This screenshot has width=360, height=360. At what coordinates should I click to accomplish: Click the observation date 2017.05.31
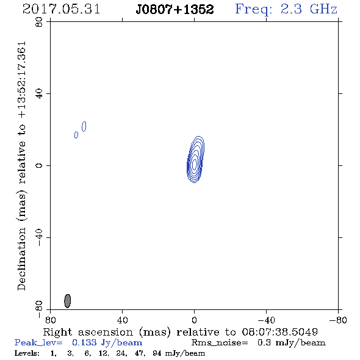pyautogui.click(x=61, y=9)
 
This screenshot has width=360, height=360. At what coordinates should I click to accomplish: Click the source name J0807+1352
pyautogui.click(x=175, y=9)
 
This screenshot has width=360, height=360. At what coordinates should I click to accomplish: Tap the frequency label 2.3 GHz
pyautogui.click(x=309, y=9)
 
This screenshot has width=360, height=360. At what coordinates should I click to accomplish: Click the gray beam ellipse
pyautogui.click(x=67, y=301)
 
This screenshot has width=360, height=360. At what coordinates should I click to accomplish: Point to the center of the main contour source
pyautogui.click(x=195, y=164)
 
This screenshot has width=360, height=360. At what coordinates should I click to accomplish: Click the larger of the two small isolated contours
pyautogui.click(x=84, y=126)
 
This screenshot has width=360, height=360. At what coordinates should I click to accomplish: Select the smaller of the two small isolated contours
pyautogui.click(x=76, y=135)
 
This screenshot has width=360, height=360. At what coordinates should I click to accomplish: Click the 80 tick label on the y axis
pyautogui.click(x=39, y=22)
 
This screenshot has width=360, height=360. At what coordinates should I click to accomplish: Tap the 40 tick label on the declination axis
pyautogui.click(x=39, y=94)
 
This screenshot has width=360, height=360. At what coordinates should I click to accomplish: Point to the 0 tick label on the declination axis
pyautogui.click(x=39, y=165)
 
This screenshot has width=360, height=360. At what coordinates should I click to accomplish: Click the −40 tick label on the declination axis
pyautogui.click(x=39, y=237)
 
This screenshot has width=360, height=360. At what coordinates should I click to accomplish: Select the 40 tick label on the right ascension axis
pyautogui.click(x=122, y=320)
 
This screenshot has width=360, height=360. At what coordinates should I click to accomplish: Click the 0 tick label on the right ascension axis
pyautogui.click(x=194, y=320)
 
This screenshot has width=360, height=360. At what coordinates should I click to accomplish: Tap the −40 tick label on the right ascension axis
pyautogui.click(x=266, y=320)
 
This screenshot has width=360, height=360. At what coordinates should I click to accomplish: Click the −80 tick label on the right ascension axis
pyautogui.click(x=338, y=320)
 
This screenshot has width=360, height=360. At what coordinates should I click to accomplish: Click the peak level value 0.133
pyautogui.click(x=84, y=342)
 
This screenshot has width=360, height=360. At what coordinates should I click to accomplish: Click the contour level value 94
pyautogui.click(x=157, y=353)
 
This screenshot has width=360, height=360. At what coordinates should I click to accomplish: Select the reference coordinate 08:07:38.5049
pyautogui.click(x=280, y=332)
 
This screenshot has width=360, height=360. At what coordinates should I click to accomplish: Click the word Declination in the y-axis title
pyautogui.click(x=21, y=259)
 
